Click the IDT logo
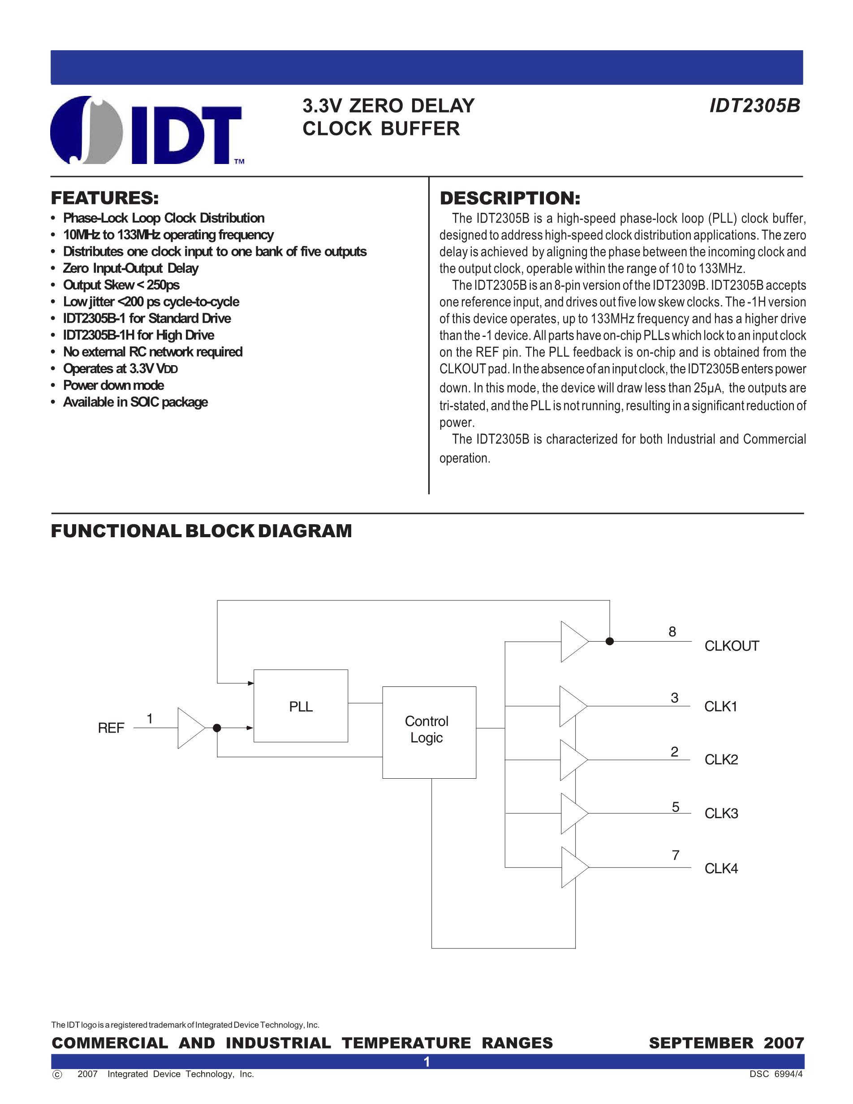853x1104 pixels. point(146,130)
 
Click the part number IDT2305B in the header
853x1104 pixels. point(754,106)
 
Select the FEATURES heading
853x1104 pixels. point(105,198)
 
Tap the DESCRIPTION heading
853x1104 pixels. point(510,198)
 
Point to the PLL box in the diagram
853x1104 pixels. point(301,706)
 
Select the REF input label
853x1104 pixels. point(111,728)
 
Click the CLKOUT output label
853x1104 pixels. point(731,646)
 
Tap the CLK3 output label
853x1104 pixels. point(721,813)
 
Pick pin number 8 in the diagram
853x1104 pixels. point(672,632)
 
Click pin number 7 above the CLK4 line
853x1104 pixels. point(675,855)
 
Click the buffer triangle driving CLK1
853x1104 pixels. point(573,706)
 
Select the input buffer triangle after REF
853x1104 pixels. point(191,728)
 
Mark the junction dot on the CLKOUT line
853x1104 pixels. point(609,642)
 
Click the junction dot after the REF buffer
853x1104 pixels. point(217,728)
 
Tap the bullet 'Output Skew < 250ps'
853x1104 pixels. point(121,285)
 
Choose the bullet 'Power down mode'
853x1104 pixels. point(113,385)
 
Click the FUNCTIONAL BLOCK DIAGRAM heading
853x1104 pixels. point(202,531)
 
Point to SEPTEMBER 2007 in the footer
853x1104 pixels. point(726,1043)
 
